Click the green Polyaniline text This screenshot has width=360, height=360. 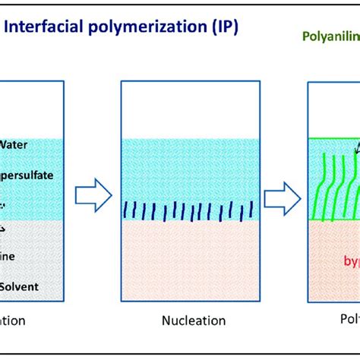[x=330, y=36]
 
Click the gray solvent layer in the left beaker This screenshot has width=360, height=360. [x=30, y=258]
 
